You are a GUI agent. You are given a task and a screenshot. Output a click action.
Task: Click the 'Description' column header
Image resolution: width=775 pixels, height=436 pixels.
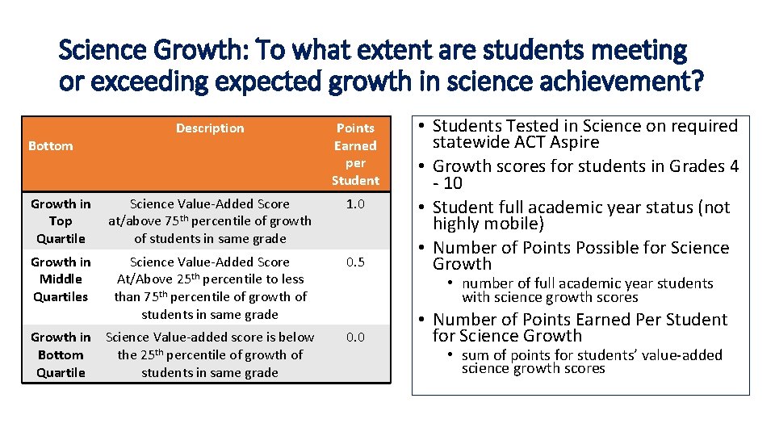pyautogui.click(x=210, y=128)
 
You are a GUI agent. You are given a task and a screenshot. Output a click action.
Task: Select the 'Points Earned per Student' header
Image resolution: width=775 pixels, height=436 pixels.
pyautogui.click(x=355, y=154)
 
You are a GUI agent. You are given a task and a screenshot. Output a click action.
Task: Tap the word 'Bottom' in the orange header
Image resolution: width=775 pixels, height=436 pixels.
pyautogui.click(x=50, y=146)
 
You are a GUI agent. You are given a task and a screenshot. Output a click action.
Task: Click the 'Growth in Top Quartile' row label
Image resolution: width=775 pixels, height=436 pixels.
pyautogui.click(x=61, y=221)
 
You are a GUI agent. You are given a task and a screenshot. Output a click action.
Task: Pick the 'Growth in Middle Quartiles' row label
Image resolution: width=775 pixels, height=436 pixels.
pyautogui.click(x=61, y=279)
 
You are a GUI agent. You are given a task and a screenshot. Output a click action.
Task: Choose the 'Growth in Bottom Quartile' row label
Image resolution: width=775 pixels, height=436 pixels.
pyautogui.click(x=61, y=355)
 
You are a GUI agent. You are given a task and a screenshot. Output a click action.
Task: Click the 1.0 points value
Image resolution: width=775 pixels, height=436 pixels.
pyautogui.click(x=355, y=204)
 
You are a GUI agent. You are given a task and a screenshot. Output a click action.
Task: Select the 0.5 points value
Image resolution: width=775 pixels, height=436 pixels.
pyautogui.click(x=355, y=262)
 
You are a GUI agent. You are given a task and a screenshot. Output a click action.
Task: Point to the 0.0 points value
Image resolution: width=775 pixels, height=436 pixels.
pyautogui.click(x=355, y=337)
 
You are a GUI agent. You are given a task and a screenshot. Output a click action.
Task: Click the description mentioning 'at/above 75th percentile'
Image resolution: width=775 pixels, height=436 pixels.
pyautogui.click(x=210, y=221)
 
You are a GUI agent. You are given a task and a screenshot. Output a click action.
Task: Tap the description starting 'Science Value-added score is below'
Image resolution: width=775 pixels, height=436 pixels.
pyautogui.click(x=210, y=355)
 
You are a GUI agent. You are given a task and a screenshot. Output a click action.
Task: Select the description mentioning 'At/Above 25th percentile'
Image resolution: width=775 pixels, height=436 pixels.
pyautogui.click(x=210, y=288)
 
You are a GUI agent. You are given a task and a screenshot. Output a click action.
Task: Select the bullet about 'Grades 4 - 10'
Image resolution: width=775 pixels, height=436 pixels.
pyautogui.click(x=584, y=174)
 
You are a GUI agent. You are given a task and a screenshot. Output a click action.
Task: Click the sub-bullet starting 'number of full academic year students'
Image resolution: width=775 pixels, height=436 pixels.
pyautogui.click(x=587, y=291)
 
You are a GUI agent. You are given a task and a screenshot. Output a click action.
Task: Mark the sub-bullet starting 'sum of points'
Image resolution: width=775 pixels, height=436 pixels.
pyautogui.click(x=591, y=362)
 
